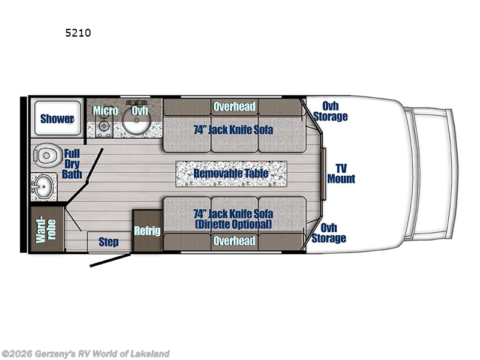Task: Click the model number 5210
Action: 79,33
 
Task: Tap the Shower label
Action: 56,118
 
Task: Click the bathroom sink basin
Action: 42,187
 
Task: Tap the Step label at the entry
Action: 108,242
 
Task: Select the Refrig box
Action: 147,230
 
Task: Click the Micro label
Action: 105,111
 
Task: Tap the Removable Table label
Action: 230,173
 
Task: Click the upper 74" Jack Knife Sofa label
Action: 233,130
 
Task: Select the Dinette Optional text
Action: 233,224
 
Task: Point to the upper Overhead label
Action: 234,107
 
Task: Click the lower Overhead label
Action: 234,241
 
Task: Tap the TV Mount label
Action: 341,173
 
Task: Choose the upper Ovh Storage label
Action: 330,112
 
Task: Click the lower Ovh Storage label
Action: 329,233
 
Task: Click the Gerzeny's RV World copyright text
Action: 86,353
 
